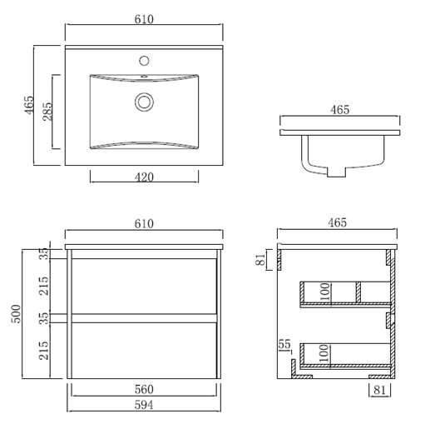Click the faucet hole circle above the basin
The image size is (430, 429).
tap(144, 61)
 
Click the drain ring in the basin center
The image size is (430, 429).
tap(144, 102)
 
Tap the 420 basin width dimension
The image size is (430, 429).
tap(144, 177)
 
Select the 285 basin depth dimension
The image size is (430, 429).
tap(47, 112)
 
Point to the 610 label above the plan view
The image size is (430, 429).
tap(144, 19)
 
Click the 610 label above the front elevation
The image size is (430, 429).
tap(144, 224)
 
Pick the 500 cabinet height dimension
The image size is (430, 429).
tap(16, 314)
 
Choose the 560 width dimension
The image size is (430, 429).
tap(144, 389)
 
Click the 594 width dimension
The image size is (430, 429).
tap(144, 405)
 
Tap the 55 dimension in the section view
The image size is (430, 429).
tap(284, 344)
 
